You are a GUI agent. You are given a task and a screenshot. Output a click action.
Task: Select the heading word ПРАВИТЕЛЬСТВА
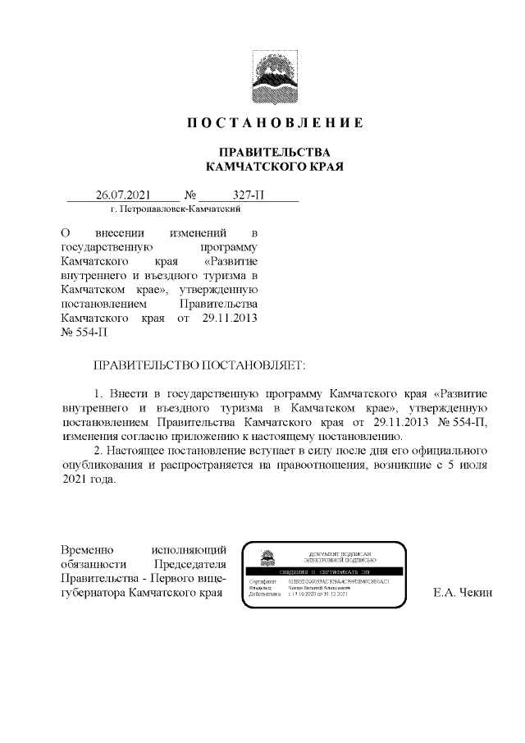(x=274, y=153)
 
